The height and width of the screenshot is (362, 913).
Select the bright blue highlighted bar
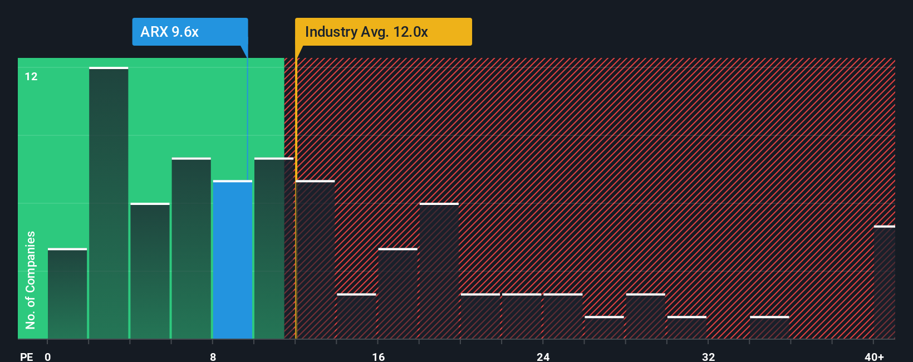(233, 260)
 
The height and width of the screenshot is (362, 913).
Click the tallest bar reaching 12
(109, 203)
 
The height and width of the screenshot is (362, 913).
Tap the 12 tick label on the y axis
(31, 77)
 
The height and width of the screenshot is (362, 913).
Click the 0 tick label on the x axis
(48, 356)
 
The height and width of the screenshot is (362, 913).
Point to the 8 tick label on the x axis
(213, 356)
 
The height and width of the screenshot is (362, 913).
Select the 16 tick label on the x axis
(378, 356)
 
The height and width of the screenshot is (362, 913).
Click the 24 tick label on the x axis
(543, 356)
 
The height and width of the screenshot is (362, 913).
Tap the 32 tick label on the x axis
(708, 356)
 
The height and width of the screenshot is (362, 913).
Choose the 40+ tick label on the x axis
(874, 356)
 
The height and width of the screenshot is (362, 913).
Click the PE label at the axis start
(26, 356)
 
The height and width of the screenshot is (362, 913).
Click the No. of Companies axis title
(31, 280)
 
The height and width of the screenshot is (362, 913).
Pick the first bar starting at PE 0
(67, 293)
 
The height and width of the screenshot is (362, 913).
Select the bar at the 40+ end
(884, 282)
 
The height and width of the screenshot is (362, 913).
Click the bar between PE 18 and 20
(439, 271)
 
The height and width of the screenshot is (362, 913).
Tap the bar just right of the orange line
(316, 260)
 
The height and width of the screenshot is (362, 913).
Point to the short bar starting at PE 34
(769, 327)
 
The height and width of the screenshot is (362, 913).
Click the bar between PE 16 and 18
(398, 293)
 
